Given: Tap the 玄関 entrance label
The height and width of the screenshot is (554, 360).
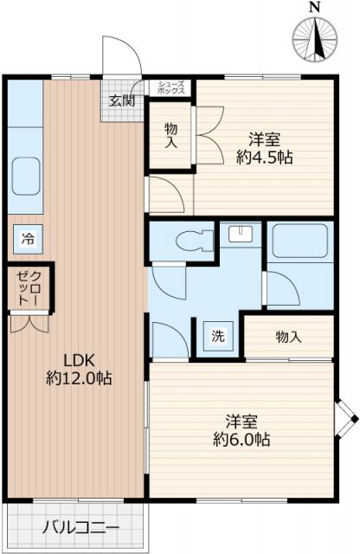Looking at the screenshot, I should [121, 100].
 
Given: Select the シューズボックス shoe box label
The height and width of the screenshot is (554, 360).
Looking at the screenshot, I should [169, 87].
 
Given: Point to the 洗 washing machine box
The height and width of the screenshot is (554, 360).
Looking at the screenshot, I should [217, 336].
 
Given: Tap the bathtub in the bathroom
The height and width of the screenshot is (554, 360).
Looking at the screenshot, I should [299, 243].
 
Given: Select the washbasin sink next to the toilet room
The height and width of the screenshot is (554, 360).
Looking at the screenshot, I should [241, 234].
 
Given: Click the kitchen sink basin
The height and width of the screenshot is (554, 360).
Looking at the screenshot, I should [28, 177].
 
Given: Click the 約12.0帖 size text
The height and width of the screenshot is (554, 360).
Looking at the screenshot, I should [80, 378].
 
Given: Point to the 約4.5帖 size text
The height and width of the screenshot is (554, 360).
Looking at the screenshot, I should [265, 157].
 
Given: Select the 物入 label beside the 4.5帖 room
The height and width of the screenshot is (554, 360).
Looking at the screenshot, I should [171, 134].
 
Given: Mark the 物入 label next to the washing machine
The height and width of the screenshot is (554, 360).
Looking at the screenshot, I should [288, 336].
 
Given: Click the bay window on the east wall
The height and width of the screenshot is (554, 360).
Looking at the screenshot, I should [346, 421].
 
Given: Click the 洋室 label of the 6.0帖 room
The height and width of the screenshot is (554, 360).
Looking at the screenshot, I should [243, 422].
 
